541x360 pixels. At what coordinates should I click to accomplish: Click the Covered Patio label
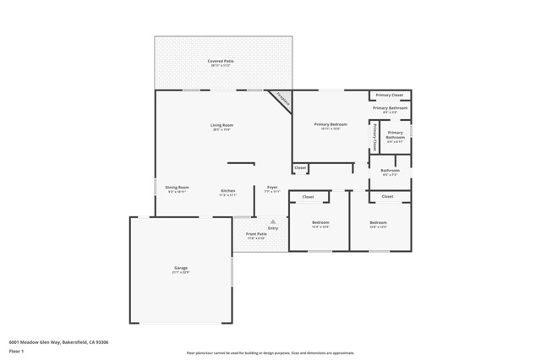[221, 62]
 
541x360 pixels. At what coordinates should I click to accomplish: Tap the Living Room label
[221, 125]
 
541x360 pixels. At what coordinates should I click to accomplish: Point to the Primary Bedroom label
[331, 125]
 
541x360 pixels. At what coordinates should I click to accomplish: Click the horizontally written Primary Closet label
[390, 95]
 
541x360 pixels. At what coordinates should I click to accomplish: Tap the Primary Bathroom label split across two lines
[396, 134]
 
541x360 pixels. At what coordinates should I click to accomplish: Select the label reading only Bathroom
[390, 171]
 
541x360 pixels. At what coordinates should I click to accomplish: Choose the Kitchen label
[228, 190]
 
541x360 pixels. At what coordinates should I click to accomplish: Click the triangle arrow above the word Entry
[272, 221]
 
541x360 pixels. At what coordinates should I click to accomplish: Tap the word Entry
[272, 228]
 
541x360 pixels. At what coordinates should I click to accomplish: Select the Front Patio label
[255, 234]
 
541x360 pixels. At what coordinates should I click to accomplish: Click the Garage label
[181, 269]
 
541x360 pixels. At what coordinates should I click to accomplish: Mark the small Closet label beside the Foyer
[300, 168]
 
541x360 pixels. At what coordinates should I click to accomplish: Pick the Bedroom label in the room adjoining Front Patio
[320, 223]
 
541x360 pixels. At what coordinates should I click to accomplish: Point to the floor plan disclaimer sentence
[270, 352]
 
